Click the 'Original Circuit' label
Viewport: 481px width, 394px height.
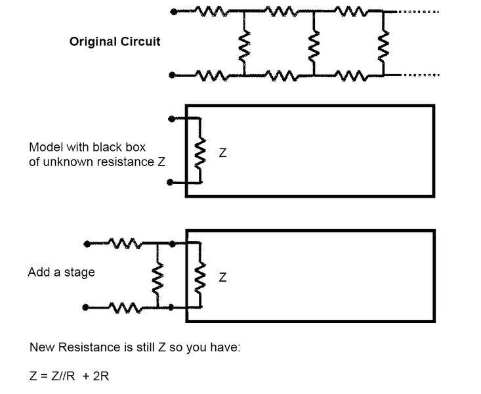115,41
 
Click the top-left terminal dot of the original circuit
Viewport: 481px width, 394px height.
173,11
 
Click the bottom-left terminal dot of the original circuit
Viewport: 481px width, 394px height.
173,76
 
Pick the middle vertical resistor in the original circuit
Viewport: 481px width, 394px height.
314,45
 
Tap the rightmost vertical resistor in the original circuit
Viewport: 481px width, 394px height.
383,45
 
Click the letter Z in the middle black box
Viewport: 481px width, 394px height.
222,152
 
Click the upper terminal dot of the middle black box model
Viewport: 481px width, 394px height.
172,119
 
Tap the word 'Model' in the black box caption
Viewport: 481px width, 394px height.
44,146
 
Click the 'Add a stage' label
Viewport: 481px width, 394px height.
61,272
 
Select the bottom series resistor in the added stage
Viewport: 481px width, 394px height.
123,306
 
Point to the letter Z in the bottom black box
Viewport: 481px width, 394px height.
222,278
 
